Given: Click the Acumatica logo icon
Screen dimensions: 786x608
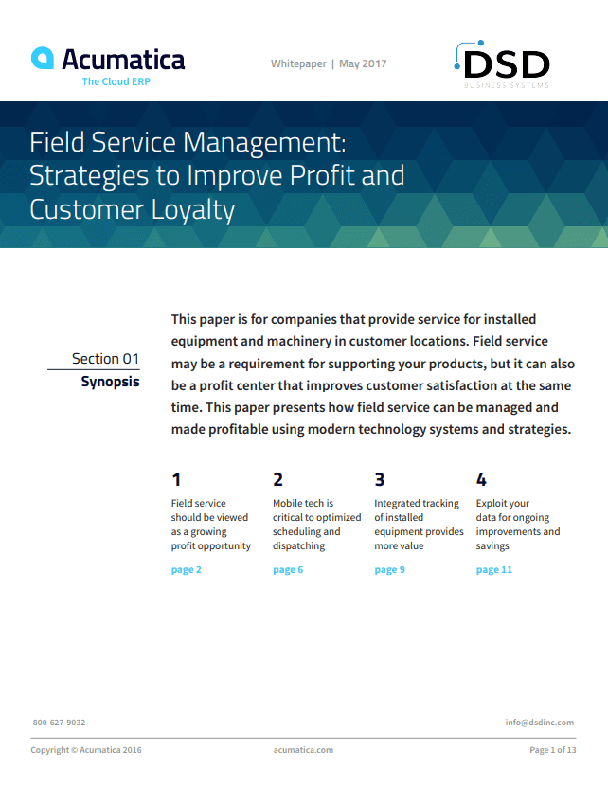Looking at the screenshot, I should coord(42,59).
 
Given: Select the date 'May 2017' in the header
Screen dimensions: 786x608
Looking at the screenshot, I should coord(363,63).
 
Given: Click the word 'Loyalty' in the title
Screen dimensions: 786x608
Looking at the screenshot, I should coord(190,208).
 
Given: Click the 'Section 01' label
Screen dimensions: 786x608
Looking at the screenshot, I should coord(105,358).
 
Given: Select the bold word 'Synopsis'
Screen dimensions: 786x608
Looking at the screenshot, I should coord(110,382).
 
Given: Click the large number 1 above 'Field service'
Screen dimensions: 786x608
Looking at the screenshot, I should coord(176,479).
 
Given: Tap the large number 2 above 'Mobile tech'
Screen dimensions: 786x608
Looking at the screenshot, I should coord(277,479).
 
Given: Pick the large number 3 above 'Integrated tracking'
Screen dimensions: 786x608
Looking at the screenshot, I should coord(380,479).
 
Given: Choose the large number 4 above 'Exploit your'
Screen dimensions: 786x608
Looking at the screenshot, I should coord(481,479).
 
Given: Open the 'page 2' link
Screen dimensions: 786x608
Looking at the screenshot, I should coord(186,569).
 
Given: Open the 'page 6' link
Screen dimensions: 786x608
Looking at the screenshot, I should coord(288,569).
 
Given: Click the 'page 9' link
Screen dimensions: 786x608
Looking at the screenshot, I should coord(389,569).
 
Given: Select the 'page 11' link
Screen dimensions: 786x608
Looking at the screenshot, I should coord(493,569).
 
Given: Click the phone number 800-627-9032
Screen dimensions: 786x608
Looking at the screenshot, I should coord(59,723).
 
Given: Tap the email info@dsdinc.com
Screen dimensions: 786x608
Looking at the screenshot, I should coord(539,723).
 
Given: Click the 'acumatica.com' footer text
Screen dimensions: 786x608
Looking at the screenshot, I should coord(303,750).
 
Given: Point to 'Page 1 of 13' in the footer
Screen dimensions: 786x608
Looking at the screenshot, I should coord(552,750).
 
